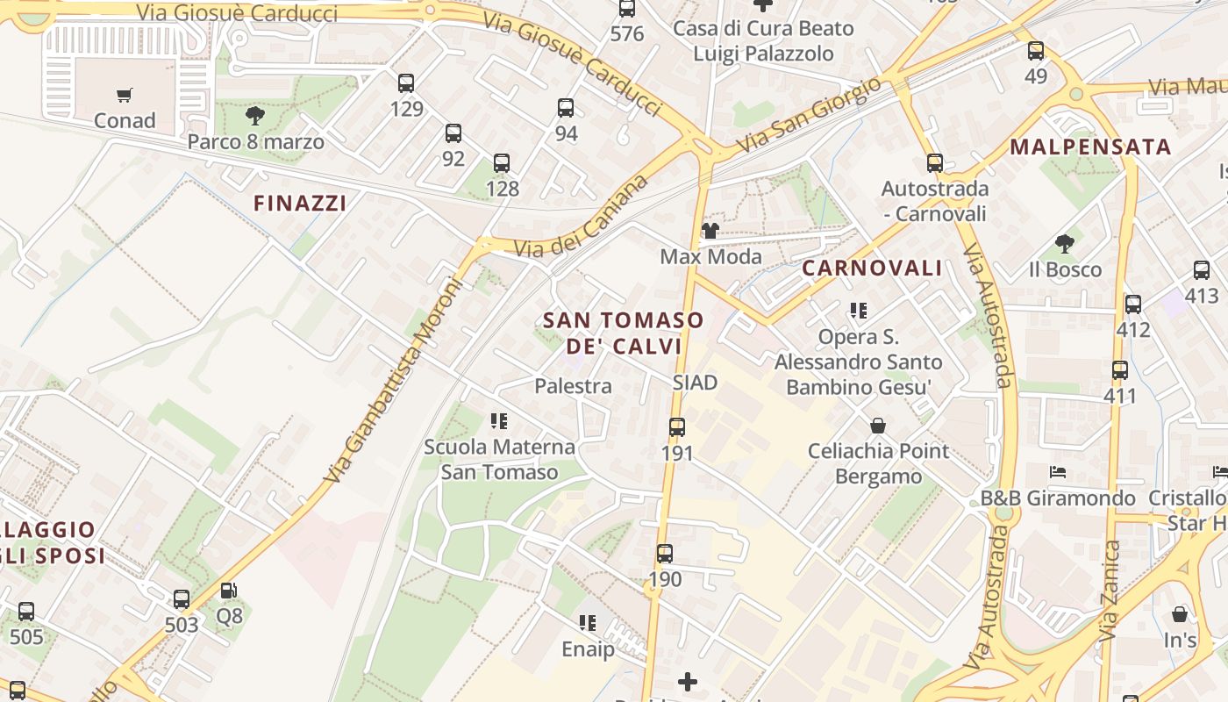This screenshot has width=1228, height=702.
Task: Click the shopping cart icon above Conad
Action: pos(125,95)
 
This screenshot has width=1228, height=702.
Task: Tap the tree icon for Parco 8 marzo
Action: pos(255,115)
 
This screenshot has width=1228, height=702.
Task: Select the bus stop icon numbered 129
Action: pos(406,83)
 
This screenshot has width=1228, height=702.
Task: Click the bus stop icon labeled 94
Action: pos(566,108)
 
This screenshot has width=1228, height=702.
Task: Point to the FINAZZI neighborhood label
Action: pos(300,204)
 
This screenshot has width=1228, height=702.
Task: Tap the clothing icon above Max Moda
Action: pos(710,231)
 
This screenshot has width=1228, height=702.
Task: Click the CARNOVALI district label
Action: pos(872,269)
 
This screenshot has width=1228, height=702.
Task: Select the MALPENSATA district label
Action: pos(1090,147)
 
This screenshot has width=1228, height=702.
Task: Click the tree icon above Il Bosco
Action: pos(1065,243)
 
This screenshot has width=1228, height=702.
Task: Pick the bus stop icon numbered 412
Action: pos(1133,304)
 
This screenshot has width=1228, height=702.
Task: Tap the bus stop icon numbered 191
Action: pos(677,427)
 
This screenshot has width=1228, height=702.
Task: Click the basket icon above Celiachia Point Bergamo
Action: pos(878,426)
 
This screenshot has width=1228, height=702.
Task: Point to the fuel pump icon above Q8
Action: pos(228,591)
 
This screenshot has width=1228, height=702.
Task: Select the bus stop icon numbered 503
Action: pos(182,599)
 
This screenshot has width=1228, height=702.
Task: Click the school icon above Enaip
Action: pos(588,623)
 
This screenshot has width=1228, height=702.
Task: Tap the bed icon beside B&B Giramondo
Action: pos(1058,472)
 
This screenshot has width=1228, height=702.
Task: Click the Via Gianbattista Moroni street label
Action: pos(392,381)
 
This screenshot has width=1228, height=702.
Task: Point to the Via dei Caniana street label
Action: pos(581,216)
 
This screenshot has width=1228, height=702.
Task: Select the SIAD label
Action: pos(695,383)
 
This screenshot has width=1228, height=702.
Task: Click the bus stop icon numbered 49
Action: pos(1036,51)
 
